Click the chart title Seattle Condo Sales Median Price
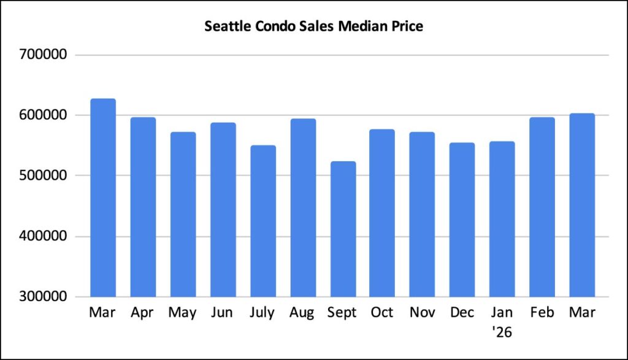pos(313,27)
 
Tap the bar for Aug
pos(303,208)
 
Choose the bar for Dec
pos(462,220)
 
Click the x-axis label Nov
pos(422,313)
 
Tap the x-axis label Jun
pos(223,313)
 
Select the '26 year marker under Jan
pos(502,333)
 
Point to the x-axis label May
pos(183,313)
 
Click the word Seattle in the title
pos(227,27)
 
